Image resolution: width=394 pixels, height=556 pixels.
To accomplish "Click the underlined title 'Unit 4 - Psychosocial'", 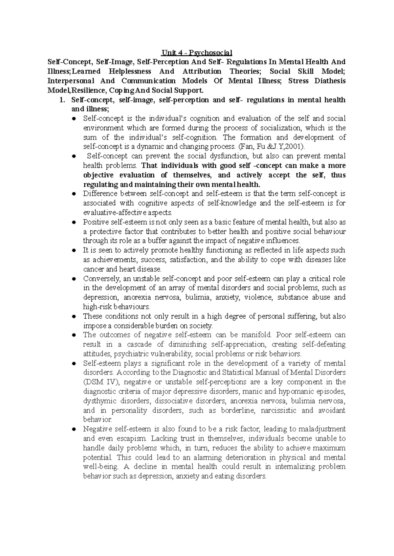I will (196, 53).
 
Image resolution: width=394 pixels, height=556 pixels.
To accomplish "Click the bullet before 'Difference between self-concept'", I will (74, 194).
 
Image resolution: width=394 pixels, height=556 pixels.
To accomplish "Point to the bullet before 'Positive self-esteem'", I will (74, 223).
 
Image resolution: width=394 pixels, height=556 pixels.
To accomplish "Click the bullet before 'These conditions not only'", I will (74, 317).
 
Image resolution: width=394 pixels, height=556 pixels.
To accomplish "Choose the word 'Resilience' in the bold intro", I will (90, 90).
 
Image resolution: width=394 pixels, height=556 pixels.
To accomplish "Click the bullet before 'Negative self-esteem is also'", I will (74, 429).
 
